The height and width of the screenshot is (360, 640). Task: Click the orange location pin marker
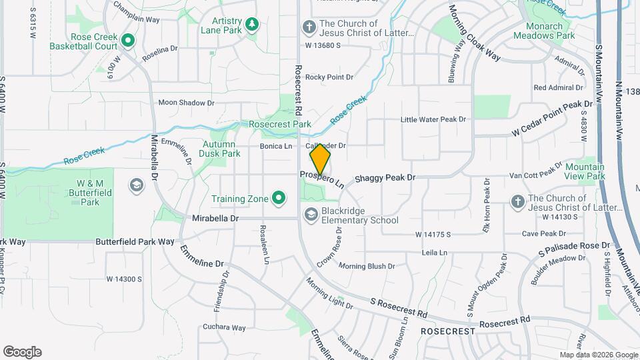click(x=320, y=159)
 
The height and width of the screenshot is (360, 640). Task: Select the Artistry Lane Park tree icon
click(x=252, y=25)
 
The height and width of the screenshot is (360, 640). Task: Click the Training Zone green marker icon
click(x=279, y=199)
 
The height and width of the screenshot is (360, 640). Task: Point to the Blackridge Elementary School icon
click(x=311, y=215)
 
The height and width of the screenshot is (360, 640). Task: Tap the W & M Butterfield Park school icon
click(x=137, y=185)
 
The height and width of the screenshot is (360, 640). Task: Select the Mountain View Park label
click(x=585, y=171)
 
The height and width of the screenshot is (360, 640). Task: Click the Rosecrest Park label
click(x=280, y=125)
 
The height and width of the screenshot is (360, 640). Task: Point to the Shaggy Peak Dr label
click(x=385, y=178)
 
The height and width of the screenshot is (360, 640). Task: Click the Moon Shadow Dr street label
click(x=186, y=103)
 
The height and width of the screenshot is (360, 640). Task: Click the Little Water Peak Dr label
click(x=433, y=119)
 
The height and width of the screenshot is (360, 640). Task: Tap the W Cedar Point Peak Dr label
click(x=553, y=118)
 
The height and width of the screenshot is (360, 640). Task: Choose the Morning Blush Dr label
click(x=367, y=266)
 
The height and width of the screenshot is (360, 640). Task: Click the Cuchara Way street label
click(x=225, y=327)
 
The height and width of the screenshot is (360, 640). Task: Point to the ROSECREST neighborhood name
click(x=448, y=331)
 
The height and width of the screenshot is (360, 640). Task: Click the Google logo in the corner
click(x=22, y=352)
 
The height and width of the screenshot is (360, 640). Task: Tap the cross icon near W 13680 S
click(x=308, y=27)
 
